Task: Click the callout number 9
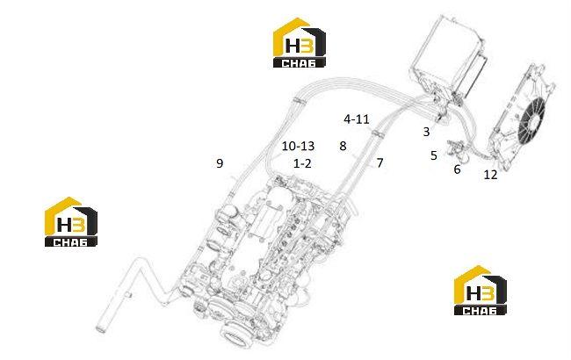pyautogui.click(x=220, y=163)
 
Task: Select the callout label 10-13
pyautogui.click(x=298, y=147)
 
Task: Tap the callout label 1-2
pyautogui.click(x=302, y=164)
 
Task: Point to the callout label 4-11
pyautogui.click(x=357, y=119)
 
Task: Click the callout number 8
pyautogui.click(x=343, y=147)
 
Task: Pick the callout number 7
pyautogui.click(x=379, y=163)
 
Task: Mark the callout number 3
pyautogui.click(x=426, y=132)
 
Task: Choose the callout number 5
pyautogui.click(x=433, y=155)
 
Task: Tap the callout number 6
pyautogui.click(x=457, y=169)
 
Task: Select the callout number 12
pyautogui.click(x=490, y=175)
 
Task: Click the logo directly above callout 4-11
pyautogui.click(x=300, y=43)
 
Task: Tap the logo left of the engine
pyautogui.click(x=71, y=221)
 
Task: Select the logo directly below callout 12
pyautogui.click(x=481, y=290)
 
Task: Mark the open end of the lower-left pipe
pyautogui.click(x=101, y=328)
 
